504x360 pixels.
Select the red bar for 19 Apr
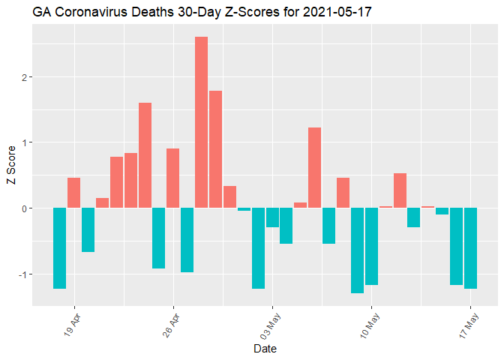pyautogui.click(x=73, y=193)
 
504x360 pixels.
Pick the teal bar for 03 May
pyautogui.click(x=272, y=217)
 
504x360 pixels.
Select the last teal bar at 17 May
pyautogui.click(x=470, y=248)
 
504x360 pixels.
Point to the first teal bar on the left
pyautogui.click(x=59, y=248)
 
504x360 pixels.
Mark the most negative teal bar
pyautogui.click(x=357, y=250)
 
